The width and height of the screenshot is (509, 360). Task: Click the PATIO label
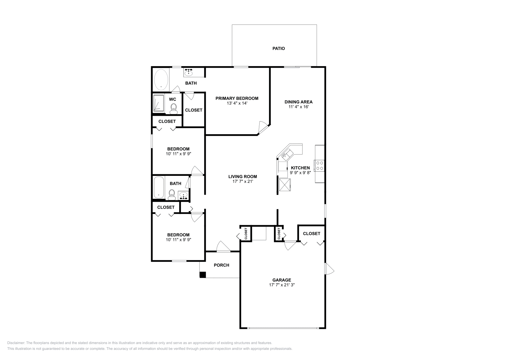coord(278,49)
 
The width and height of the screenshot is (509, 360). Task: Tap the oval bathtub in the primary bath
coord(161,80)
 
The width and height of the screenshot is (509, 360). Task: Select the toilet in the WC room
coord(173,109)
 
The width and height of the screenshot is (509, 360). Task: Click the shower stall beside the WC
coord(158,103)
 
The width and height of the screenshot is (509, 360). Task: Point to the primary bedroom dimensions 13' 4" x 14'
coord(237,103)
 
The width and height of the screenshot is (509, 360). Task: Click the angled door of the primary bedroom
coord(263,127)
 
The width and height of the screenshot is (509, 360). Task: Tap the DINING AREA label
coord(298,102)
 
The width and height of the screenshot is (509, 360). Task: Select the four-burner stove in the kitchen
coord(319,165)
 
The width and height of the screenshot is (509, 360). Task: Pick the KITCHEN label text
coord(300,168)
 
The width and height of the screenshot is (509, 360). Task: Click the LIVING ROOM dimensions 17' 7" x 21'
coord(242,182)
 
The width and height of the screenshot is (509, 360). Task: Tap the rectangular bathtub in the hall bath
coord(158,188)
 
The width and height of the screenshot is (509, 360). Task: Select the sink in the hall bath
coord(184,195)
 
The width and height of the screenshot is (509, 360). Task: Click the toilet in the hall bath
coord(172,194)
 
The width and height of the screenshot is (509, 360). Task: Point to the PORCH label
coord(221,265)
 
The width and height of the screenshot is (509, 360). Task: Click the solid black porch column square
coord(203,275)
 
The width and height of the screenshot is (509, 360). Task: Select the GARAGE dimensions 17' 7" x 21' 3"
coord(282,285)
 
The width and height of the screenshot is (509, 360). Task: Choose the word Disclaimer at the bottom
coord(16,343)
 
